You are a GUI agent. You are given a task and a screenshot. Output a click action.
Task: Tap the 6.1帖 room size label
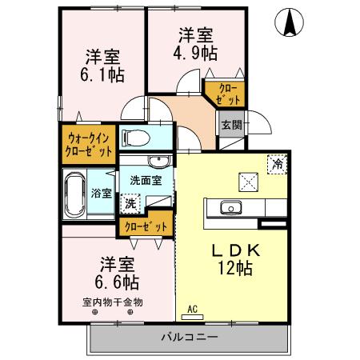click(x=103, y=75)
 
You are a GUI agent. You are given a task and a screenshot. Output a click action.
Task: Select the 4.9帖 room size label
click(x=196, y=54)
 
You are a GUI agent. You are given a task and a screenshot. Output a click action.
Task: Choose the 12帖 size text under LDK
click(x=235, y=269)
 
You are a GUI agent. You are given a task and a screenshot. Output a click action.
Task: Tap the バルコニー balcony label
click(x=188, y=337)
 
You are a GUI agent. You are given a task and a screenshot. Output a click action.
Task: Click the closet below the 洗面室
click(x=145, y=226)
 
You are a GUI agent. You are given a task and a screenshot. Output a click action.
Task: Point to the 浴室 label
click(x=102, y=193)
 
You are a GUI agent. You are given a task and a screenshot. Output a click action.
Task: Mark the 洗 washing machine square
click(x=130, y=203)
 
